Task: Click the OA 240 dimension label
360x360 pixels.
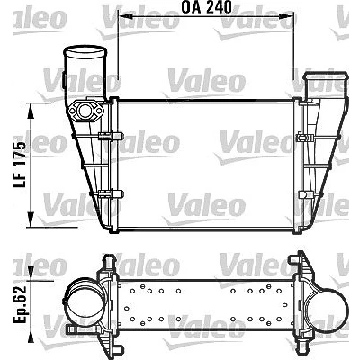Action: [x=206, y=7]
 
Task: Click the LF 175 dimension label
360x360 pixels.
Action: [x=20, y=165]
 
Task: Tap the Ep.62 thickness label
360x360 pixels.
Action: [x=20, y=303]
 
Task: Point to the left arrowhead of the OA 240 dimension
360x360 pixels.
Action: [x=125, y=15]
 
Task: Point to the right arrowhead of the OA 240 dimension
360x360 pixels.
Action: [x=287, y=15]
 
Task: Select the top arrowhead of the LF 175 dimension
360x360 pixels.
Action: [x=31, y=112]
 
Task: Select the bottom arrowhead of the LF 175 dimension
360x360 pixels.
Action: [x=31, y=219]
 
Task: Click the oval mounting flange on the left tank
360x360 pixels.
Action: [x=85, y=112]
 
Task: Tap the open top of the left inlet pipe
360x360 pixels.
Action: [x=85, y=51]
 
